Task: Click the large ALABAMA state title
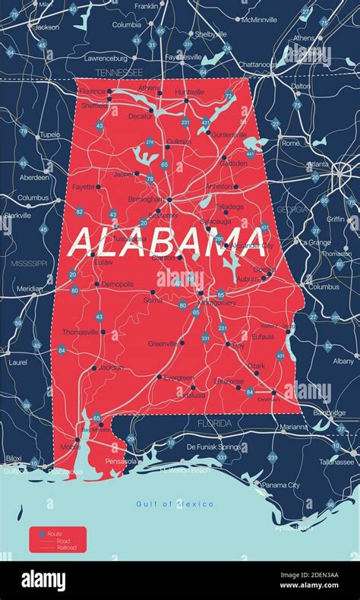[169, 242]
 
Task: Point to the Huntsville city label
[189, 92]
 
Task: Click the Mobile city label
[70, 447]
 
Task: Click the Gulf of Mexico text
[174, 504]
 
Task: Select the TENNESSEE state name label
[118, 72]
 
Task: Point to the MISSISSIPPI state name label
[29, 263]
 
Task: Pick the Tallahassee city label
[336, 461]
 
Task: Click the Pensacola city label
[121, 461]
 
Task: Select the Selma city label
[153, 301]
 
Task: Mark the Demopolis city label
[117, 284]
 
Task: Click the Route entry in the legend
[55, 535]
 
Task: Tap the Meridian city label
[30, 289]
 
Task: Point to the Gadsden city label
[233, 163]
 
